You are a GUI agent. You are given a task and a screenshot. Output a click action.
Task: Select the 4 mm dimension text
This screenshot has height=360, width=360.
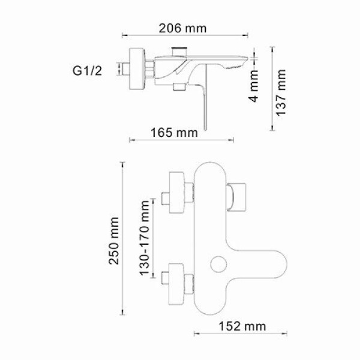click(255, 86)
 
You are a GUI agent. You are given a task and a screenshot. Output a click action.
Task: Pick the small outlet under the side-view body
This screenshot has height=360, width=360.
click(178, 88)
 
